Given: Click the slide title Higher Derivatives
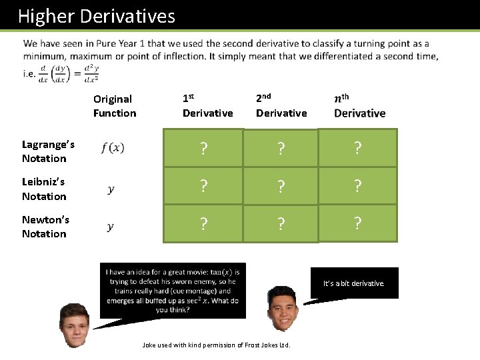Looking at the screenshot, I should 97,15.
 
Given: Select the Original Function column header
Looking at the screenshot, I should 114,106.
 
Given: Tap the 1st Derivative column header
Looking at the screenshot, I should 207,106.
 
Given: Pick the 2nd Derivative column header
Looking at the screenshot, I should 281,106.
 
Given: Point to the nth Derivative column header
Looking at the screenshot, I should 359,106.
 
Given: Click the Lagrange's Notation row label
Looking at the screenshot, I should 48,151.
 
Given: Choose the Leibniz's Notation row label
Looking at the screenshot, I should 44,189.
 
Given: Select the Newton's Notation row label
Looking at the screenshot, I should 45,227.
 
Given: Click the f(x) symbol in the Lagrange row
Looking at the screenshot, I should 113,148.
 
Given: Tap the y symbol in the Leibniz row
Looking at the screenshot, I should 111,189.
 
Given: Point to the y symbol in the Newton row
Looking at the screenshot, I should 111,227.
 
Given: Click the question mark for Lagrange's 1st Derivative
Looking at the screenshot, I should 203,149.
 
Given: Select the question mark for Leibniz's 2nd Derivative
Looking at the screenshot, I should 281,186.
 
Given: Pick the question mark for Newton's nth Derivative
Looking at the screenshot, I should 358,223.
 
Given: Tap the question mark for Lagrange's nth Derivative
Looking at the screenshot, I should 358,148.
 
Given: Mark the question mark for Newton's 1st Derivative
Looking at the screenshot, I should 203,223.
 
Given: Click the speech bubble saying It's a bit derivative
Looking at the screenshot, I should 354,283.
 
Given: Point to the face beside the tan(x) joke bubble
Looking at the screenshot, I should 74,325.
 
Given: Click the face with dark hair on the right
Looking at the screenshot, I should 283,308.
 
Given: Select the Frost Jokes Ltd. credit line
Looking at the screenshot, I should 217,345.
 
